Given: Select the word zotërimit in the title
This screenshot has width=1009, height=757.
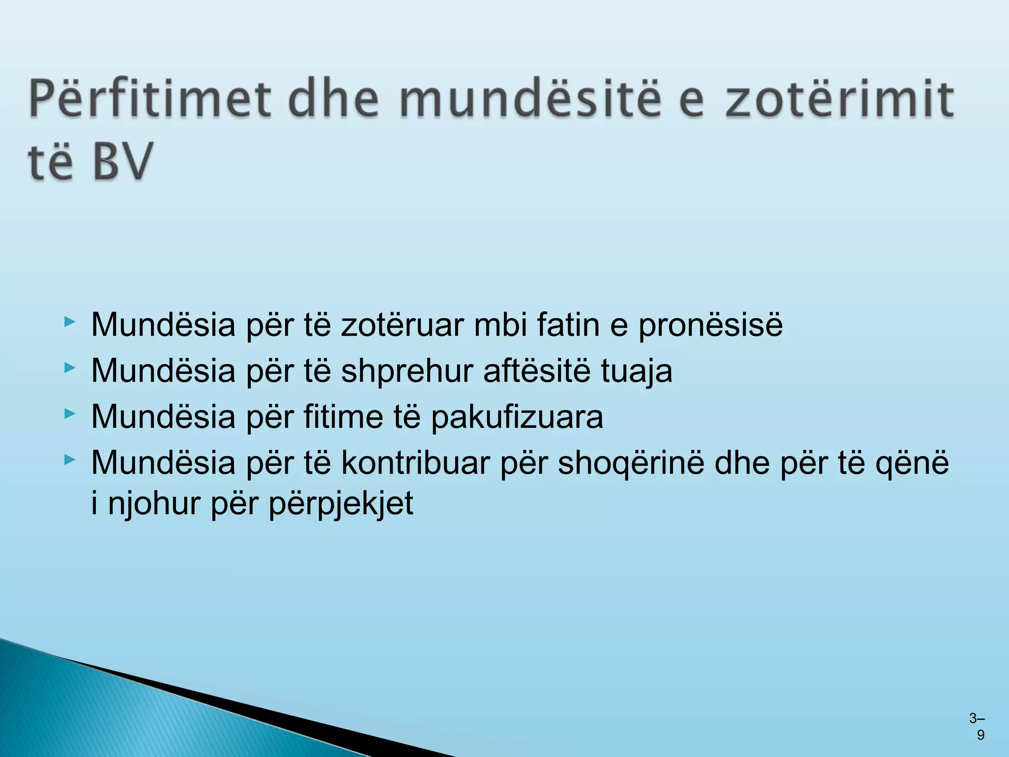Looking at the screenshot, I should coord(840,100).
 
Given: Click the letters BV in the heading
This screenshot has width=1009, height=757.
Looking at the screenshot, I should coord(122,161).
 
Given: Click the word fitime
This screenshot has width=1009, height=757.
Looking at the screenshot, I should coord(343,416).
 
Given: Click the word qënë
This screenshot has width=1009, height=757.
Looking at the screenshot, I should coord(912,463).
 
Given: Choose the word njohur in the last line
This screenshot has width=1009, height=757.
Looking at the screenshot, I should coord(154,504).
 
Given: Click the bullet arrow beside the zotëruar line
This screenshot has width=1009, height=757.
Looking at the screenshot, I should coord(69,322).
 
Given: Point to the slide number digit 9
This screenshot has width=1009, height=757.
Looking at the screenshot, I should coord(980,735).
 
